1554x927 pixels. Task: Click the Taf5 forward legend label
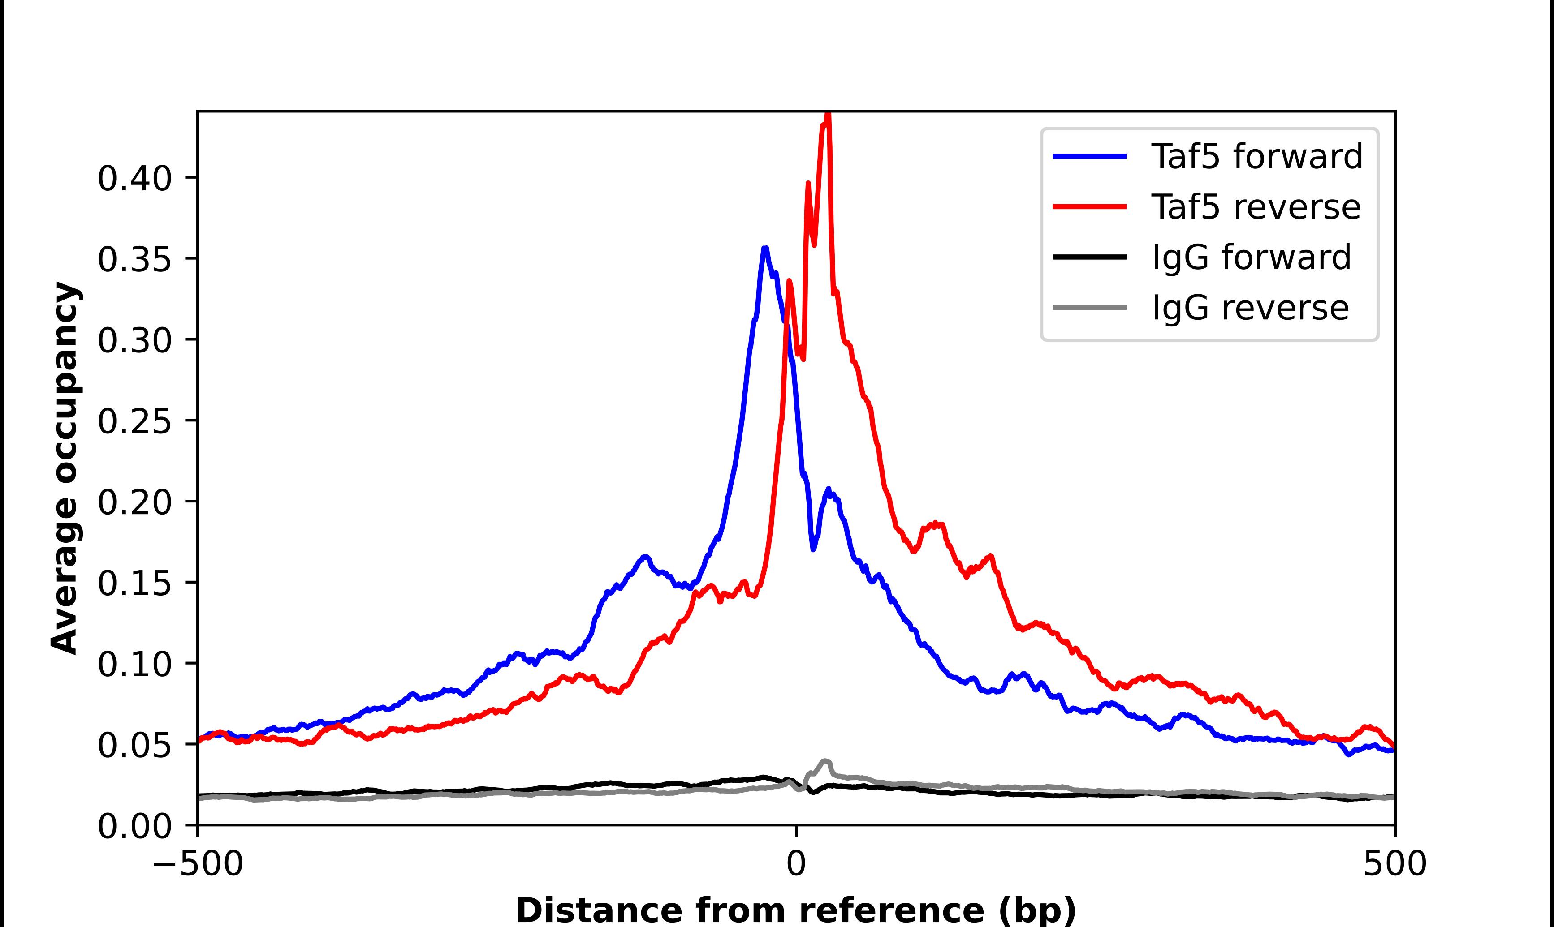point(1256,156)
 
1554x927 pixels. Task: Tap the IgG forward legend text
point(1251,257)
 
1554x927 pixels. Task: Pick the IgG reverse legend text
point(1250,308)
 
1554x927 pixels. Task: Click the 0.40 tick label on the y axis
point(134,179)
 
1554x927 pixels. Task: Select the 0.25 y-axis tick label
point(134,421)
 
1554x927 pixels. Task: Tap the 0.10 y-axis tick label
point(134,664)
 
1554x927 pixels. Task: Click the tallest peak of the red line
point(828,116)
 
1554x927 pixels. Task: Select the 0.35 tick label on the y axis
point(134,259)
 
